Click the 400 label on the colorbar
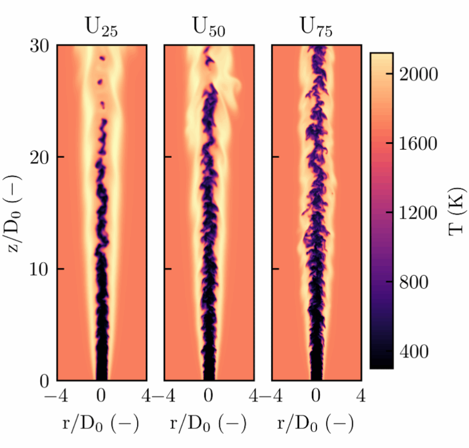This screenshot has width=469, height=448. tap(414, 352)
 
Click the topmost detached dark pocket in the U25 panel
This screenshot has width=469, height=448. tap(103, 58)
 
